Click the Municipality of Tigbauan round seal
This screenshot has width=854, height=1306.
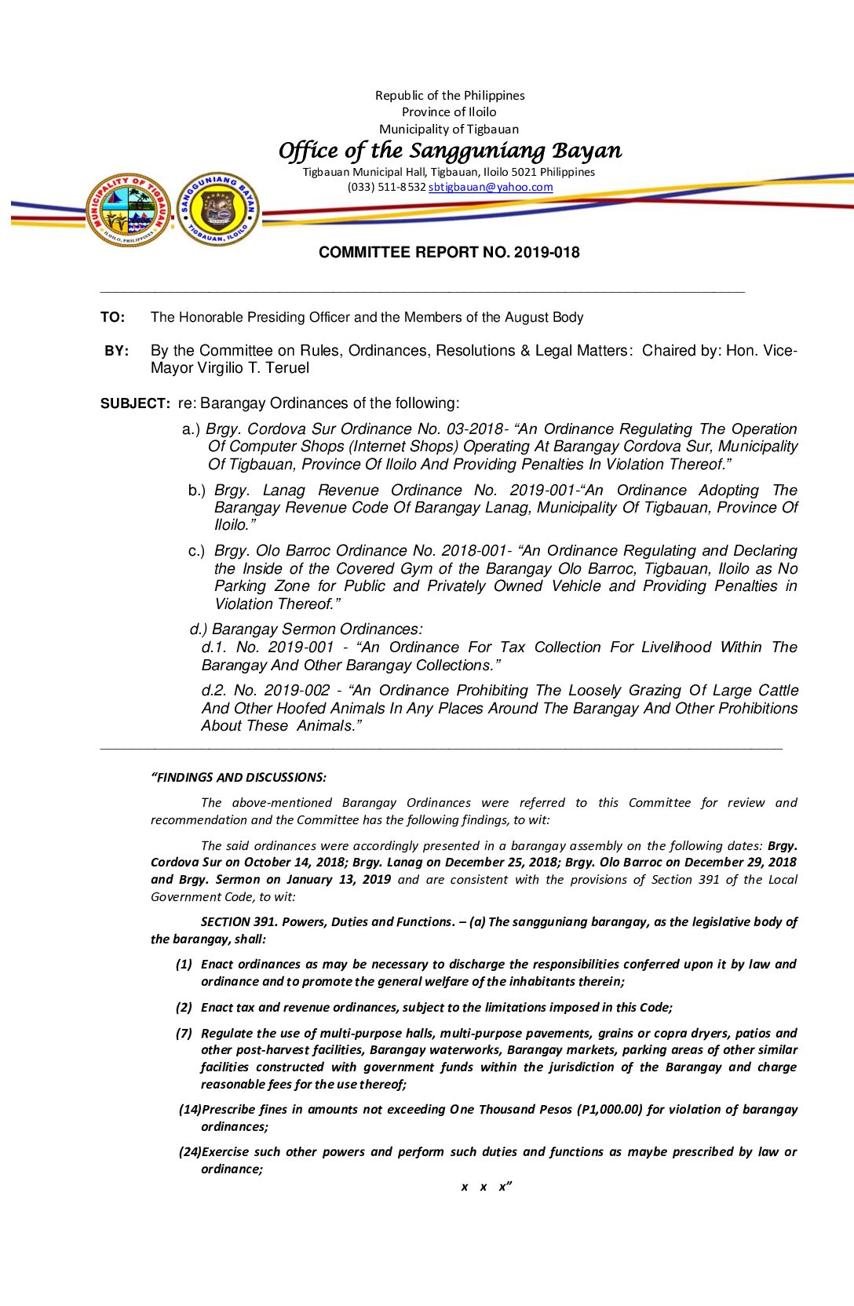129,210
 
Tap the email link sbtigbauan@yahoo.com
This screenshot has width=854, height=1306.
491,187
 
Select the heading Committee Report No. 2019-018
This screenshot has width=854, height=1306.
449,253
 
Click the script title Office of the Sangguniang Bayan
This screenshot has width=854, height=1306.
450,150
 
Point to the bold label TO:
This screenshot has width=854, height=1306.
112,317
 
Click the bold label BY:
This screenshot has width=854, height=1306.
117,351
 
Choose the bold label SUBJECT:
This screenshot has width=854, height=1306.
135,403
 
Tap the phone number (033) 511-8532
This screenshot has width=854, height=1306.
386,187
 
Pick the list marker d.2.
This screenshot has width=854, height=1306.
213,691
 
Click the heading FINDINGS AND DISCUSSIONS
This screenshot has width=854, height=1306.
240,778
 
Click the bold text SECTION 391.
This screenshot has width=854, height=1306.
238,922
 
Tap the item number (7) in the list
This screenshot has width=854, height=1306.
184,1034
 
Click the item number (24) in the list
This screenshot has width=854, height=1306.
189,1152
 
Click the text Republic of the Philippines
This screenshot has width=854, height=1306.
450,96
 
